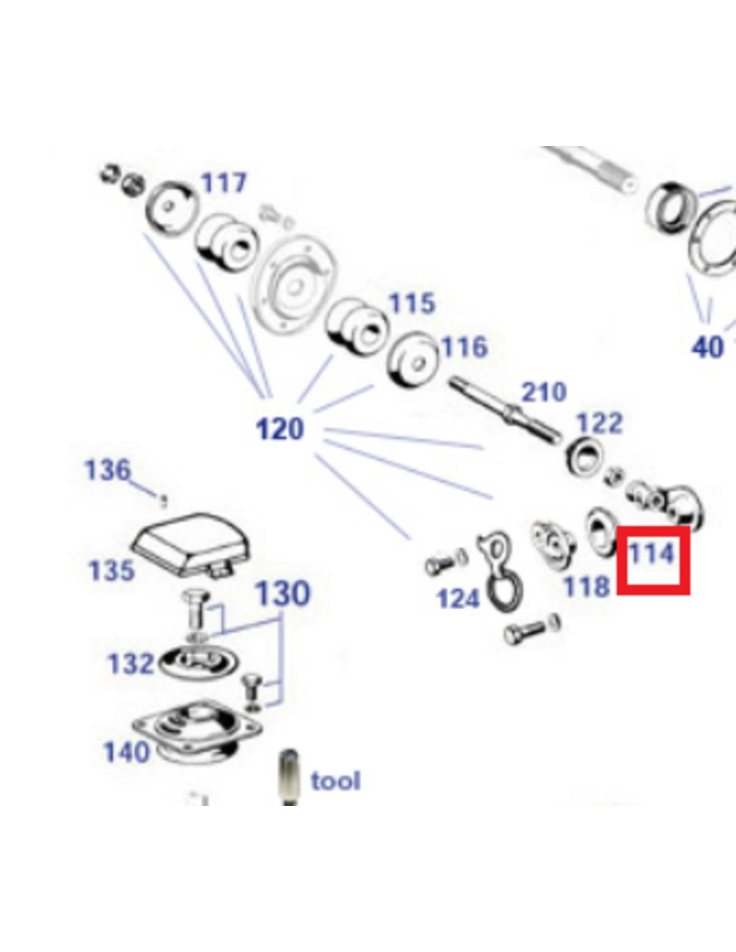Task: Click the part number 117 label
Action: [x=223, y=182]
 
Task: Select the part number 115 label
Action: [x=411, y=303]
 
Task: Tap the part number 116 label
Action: [x=464, y=347]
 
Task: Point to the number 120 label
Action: [x=280, y=428]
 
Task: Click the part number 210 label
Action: [x=543, y=392]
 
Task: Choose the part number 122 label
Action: [x=600, y=423]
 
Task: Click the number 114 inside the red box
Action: [x=651, y=554]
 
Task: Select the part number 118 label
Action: [x=587, y=587]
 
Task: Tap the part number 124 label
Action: [x=458, y=598]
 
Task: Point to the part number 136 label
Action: [x=107, y=470]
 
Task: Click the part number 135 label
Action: [x=112, y=571]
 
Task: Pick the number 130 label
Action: [x=282, y=593]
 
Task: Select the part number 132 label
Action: [x=131, y=663]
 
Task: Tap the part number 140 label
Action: [x=126, y=752]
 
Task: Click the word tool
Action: [x=335, y=781]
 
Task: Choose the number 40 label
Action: [x=707, y=347]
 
